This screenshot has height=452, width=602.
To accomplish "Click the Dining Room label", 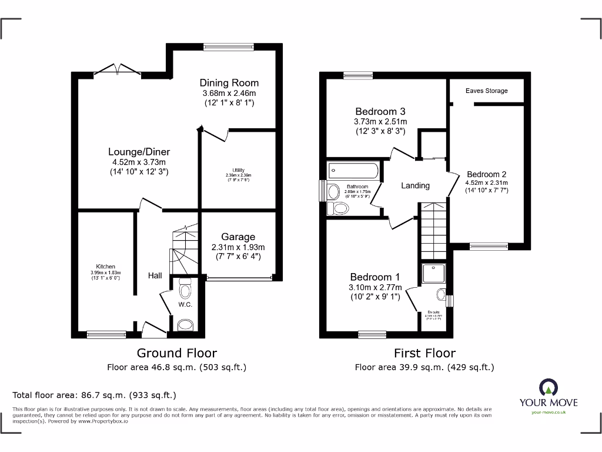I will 229,83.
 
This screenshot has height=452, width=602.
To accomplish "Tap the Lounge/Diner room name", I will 139,152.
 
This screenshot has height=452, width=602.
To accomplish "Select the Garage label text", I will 238,237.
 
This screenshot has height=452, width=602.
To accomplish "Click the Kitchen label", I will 106,267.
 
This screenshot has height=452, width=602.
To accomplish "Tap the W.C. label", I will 185,304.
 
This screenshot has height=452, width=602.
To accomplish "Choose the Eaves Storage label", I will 486,91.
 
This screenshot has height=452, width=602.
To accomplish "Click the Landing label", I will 415,185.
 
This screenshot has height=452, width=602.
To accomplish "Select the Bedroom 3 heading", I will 380,111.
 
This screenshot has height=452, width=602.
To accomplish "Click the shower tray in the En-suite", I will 434,273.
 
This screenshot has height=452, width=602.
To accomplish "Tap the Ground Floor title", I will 176,353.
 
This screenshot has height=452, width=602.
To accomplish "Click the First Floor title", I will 424,353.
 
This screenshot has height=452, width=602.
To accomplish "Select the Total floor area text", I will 94,395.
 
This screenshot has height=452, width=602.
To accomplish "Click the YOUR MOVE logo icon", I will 548,388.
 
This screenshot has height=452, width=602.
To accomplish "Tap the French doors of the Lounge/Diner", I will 118,71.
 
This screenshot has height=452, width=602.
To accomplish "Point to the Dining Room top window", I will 229,46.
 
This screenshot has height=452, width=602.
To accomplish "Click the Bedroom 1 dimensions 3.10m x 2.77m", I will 376,287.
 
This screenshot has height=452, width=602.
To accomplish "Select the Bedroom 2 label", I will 486,174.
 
